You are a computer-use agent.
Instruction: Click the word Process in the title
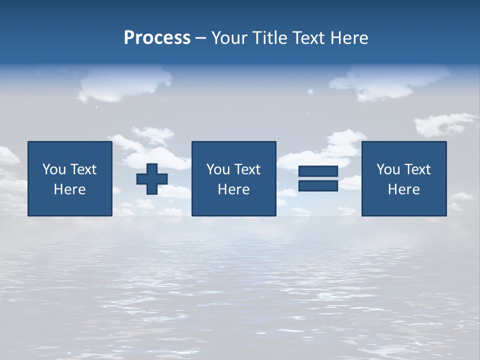(x=157, y=38)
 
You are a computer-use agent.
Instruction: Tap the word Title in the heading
(x=268, y=38)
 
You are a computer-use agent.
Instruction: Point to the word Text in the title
(x=308, y=38)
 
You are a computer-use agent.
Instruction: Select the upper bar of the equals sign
(x=318, y=171)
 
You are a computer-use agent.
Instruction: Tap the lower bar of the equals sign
(x=318, y=185)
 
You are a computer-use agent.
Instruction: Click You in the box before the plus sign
(x=53, y=169)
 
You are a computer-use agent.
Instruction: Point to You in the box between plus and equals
(x=217, y=169)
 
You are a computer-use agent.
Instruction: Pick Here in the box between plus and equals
(x=233, y=189)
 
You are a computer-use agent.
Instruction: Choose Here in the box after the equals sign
(x=403, y=189)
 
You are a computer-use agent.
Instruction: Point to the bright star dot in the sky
(x=310, y=91)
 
